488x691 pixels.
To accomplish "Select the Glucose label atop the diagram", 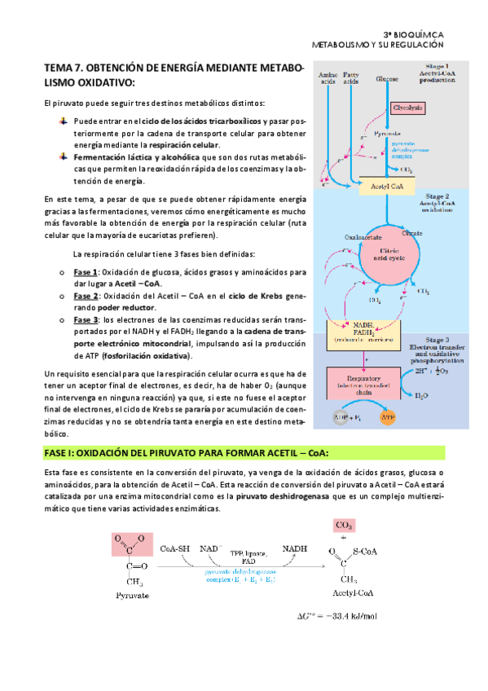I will (x=388, y=80).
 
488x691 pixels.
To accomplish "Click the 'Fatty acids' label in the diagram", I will (x=351, y=78).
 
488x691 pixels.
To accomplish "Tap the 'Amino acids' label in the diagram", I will (x=327, y=78).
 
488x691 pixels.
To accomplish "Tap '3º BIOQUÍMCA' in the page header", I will (x=436, y=33).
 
